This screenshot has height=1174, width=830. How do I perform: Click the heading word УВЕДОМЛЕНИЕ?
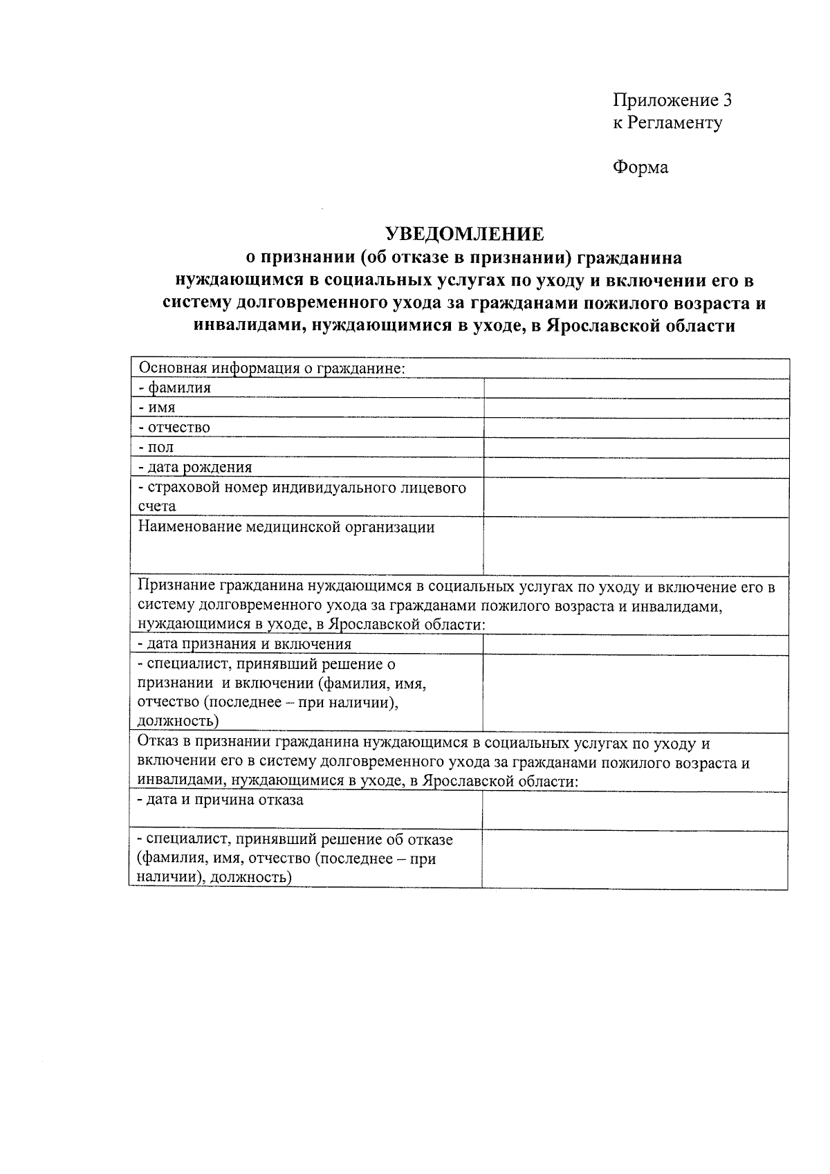[x=464, y=234]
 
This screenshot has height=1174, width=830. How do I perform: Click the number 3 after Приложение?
[x=726, y=100]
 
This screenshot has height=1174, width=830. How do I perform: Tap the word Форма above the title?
[x=640, y=167]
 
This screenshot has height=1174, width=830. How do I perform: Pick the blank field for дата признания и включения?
[x=636, y=644]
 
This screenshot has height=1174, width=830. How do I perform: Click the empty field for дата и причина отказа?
[x=635, y=810]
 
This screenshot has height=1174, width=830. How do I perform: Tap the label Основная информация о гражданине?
[x=271, y=368]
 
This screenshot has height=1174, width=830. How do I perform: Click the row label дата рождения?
[x=195, y=468]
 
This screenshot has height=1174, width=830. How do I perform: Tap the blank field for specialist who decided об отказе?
[x=635, y=859]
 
